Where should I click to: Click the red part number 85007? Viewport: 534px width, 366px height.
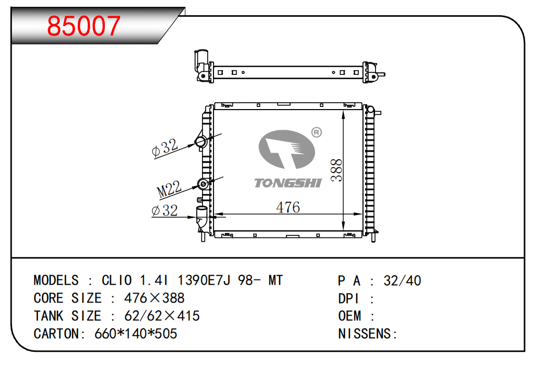[x=84, y=26]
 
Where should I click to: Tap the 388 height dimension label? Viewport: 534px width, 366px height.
[x=336, y=170]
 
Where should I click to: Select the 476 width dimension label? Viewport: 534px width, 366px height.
[x=288, y=207]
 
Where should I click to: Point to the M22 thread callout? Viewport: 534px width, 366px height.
[x=169, y=189]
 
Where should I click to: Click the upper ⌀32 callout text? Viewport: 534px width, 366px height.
[x=165, y=147]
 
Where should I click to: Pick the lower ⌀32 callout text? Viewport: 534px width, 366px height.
[x=165, y=210]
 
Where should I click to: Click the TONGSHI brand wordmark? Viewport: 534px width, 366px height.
[x=288, y=183]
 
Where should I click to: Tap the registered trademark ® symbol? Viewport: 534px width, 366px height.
[x=317, y=132]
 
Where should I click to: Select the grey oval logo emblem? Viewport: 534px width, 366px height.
[x=286, y=149]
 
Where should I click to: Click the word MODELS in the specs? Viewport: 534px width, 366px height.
[x=56, y=280]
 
